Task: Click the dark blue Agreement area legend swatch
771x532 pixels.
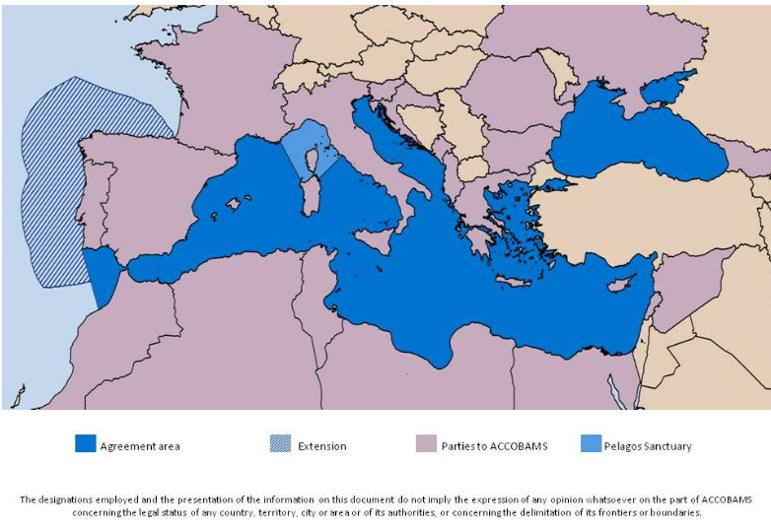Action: pyautogui.click(x=86, y=443)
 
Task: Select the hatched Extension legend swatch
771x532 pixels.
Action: pyautogui.click(x=280, y=443)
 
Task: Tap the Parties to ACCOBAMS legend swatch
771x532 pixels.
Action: pyautogui.click(x=426, y=443)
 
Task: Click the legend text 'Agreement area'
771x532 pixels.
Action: pyautogui.click(x=140, y=446)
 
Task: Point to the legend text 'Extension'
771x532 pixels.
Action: pyautogui.click(x=322, y=446)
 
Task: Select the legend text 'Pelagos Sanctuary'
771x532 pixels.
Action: pyautogui.click(x=648, y=446)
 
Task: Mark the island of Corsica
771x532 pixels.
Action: pyautogui.click(x=318, y=160)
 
